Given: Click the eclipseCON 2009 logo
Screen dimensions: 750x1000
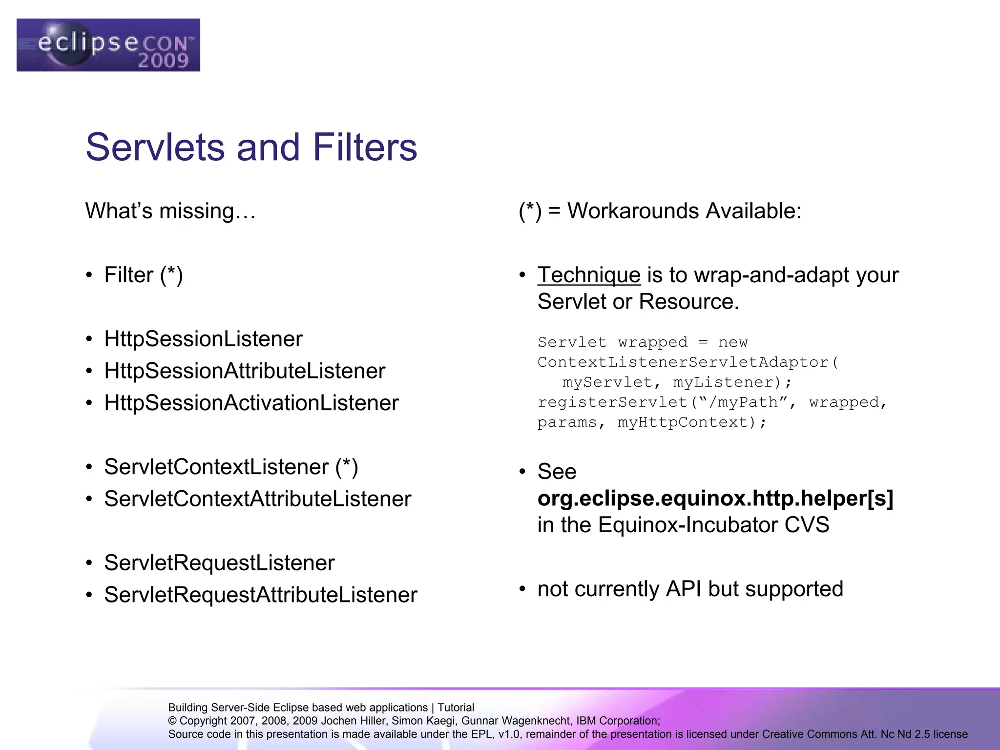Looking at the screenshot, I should click(108, 45).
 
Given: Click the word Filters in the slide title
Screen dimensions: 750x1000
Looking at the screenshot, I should click(365, 147).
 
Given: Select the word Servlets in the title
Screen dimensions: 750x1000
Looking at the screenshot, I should click(155, 147).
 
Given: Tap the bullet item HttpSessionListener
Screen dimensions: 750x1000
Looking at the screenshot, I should click(203, 339).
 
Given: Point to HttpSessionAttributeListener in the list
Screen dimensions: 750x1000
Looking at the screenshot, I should click(245, 371).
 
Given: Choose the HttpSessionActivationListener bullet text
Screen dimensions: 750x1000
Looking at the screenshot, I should click(251, 403).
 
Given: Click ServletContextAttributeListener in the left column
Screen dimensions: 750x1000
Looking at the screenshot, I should click(257, 499).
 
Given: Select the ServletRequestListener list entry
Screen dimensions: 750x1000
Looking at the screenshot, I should click(219, 563).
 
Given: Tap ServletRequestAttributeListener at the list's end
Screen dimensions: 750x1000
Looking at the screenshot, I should click(260, 595).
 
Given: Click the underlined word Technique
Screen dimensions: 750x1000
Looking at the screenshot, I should click(589, 275).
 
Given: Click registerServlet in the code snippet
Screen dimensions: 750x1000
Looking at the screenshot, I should click(613, 402).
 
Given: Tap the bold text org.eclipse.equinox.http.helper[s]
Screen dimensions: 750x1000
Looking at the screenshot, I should click(715, 499).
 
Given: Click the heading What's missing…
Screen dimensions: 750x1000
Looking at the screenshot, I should click(170, 211).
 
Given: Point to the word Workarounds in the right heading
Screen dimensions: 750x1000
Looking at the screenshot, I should click(633, 211).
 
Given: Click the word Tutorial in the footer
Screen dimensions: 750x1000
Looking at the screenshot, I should click(456, 708).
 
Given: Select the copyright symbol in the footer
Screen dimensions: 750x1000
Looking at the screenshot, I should click(172, 721).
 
